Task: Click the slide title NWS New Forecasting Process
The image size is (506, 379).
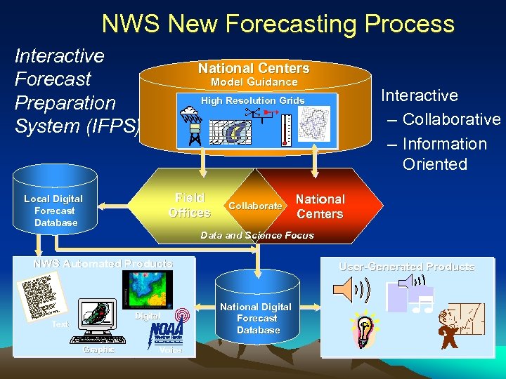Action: coord(278,24)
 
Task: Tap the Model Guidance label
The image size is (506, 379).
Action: coord(254,82)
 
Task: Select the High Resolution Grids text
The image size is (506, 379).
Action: coord(253,100)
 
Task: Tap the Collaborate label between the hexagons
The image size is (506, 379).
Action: coord(255,206)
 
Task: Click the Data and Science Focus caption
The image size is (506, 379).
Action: coord(257,235)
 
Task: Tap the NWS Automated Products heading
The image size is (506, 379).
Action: coord(103,264)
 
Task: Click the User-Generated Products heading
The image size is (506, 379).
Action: coord(407,267)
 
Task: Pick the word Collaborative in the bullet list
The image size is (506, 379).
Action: coord(451,119)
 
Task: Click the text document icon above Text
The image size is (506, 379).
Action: coord(42,298)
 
